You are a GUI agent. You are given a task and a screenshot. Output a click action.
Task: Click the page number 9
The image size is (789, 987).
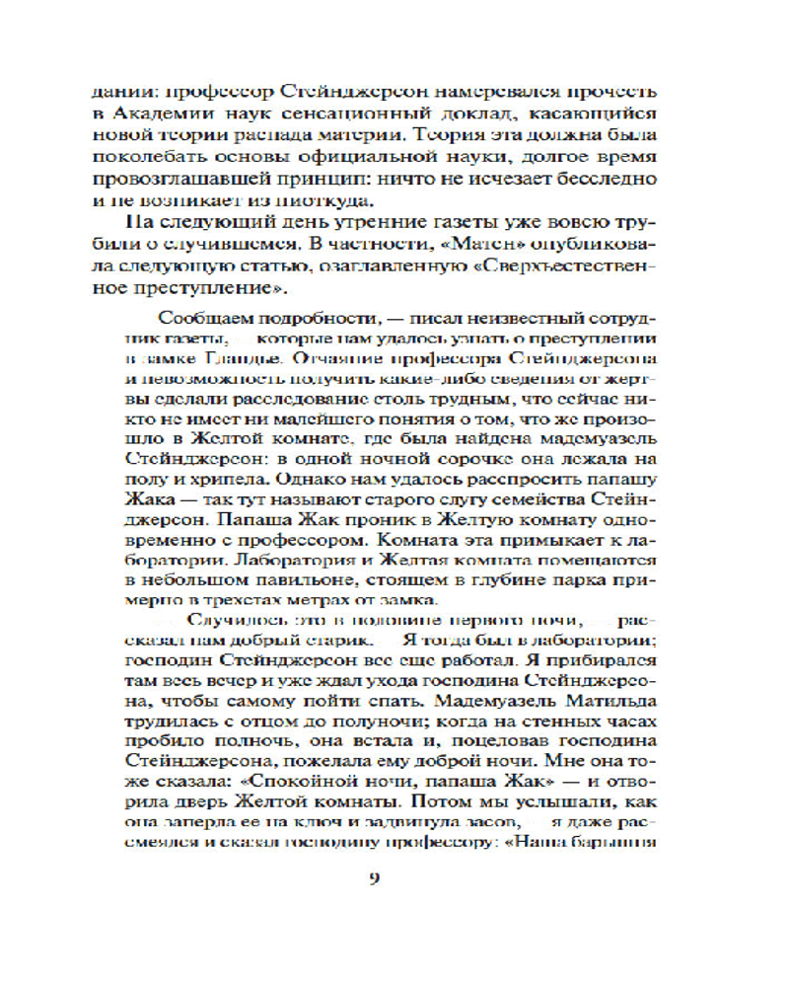click(374, 880)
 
